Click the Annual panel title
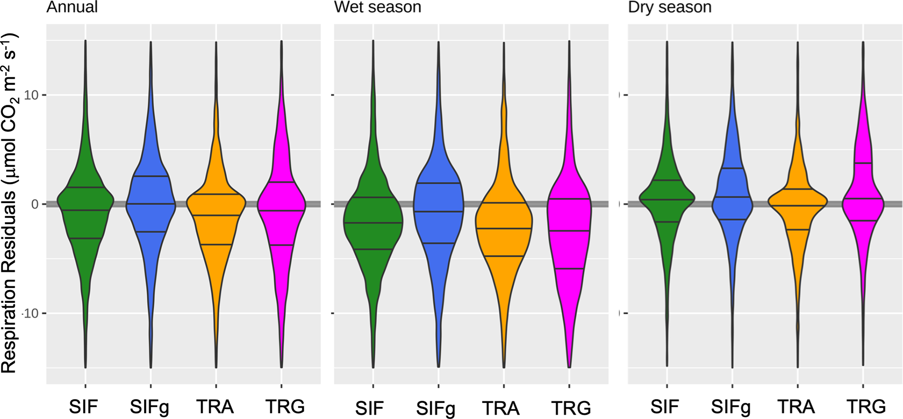coord(72,7)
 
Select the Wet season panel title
coord(377,7)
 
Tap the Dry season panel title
coord(670,7)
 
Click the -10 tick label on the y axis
coord(31,313)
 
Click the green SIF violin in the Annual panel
coord(85,218)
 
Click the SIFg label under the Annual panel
coord(149,407)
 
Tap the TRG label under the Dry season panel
coord(866,406)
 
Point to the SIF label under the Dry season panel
coord(664,406)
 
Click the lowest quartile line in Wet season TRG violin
coord(569,269)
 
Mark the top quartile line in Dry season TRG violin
coord(863,163)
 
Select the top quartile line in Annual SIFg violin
coord(151,176)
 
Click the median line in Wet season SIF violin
coord(373,223)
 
